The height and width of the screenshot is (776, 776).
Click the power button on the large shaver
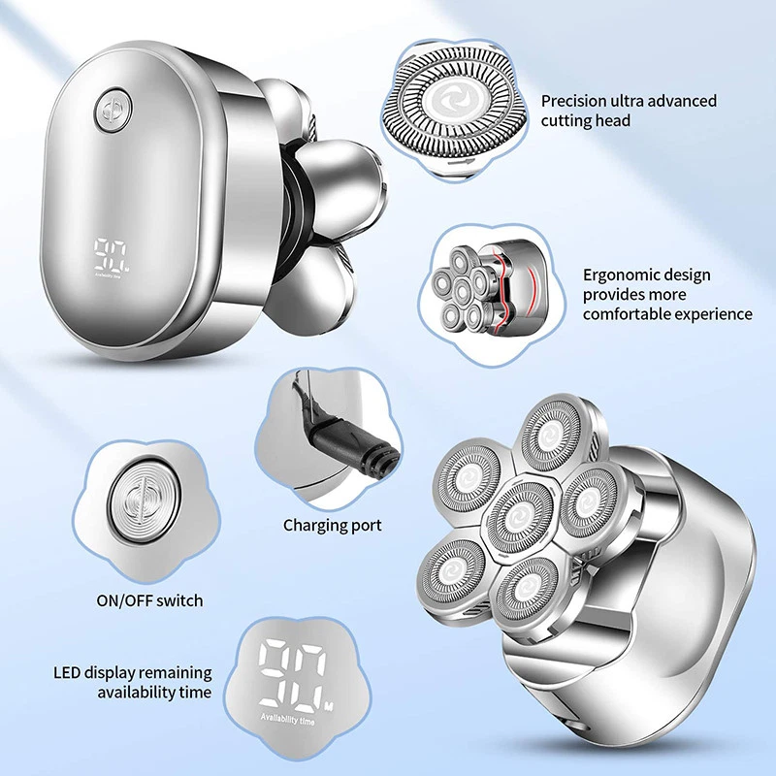point(113,112)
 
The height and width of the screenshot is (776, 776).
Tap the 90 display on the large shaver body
point(111,255)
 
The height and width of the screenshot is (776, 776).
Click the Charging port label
point(332,525)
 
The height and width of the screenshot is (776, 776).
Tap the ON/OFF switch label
point(150,600)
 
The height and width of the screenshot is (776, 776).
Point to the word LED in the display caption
point(67,672)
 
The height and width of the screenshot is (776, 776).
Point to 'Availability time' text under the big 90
point(287,719)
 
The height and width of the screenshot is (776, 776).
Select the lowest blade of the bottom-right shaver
point(527,590)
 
